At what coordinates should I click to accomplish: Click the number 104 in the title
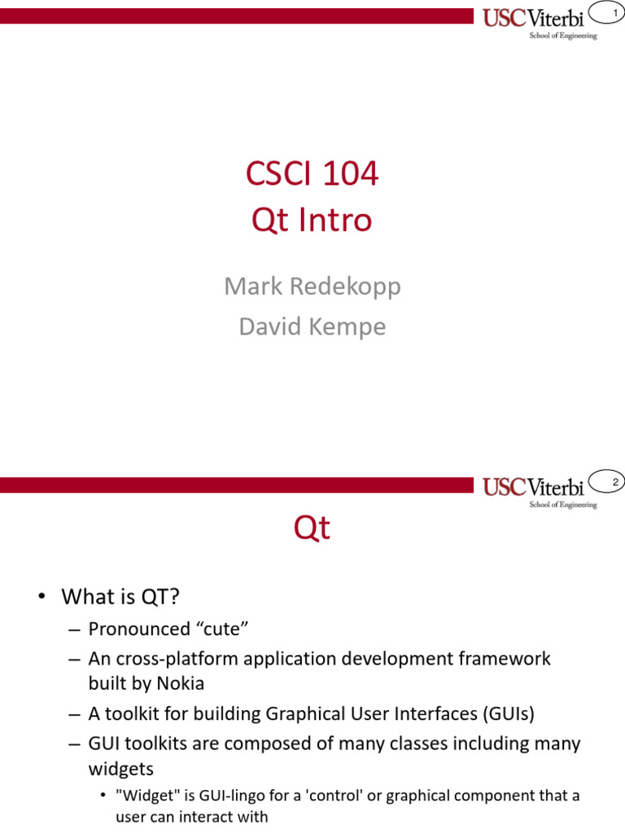(x=350, y=173)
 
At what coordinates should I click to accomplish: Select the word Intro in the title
(x=334, y=220)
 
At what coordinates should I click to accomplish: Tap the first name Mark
(x=253, y=286)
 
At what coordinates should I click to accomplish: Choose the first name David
(x=270, y=326)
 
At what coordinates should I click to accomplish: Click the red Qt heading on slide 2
(x=312, y=528)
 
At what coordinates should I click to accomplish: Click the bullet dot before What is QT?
(x=42, y=596)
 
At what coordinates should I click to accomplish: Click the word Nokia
(x=180, y=683)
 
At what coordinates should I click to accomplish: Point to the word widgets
(x=121, y=769)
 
